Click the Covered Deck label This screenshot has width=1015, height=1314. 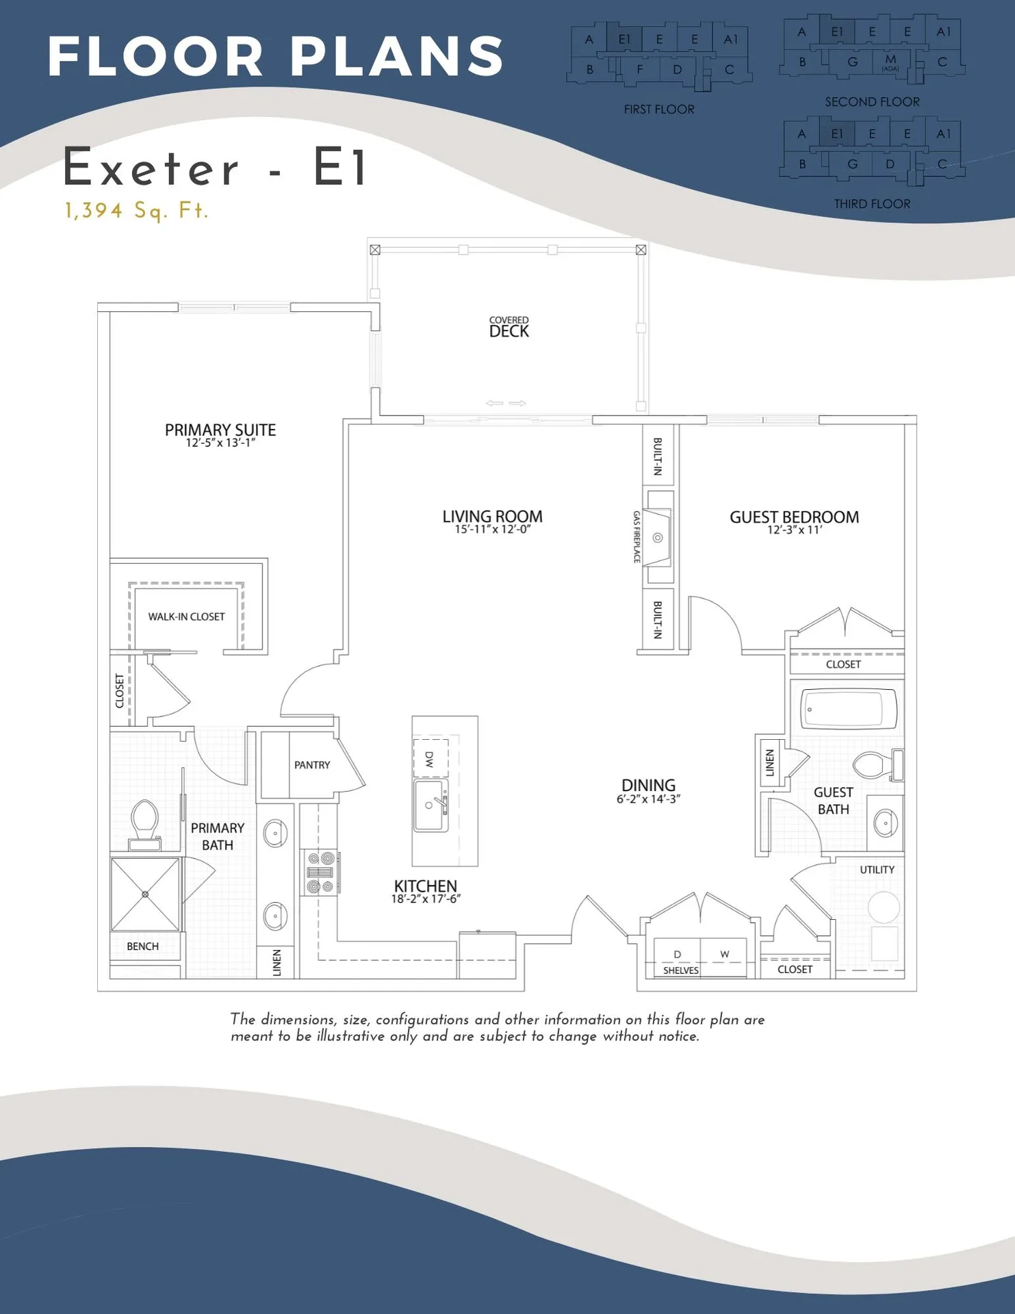[509, 328]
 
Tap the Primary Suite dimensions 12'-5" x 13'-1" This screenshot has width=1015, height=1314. [220, 443]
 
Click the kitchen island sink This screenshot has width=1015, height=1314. [431, 806]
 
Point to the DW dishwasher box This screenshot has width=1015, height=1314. [431, 758]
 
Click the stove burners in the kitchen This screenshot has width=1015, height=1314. [320, 873]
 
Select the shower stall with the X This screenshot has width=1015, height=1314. [145, 894]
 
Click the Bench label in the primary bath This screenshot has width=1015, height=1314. [142, 946]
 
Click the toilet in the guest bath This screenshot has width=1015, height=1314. [875, 765]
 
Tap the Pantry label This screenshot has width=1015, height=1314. [312, 765]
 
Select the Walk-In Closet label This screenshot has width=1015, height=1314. [186, 617]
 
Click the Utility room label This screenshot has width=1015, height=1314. [877, 870]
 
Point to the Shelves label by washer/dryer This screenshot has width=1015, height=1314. [680, 970]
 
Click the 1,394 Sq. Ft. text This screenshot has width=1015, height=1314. [136, 210]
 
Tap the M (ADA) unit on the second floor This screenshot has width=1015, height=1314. [890, 62]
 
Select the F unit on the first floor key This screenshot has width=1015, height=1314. [640, 69]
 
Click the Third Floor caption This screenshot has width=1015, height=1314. [871, 204]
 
